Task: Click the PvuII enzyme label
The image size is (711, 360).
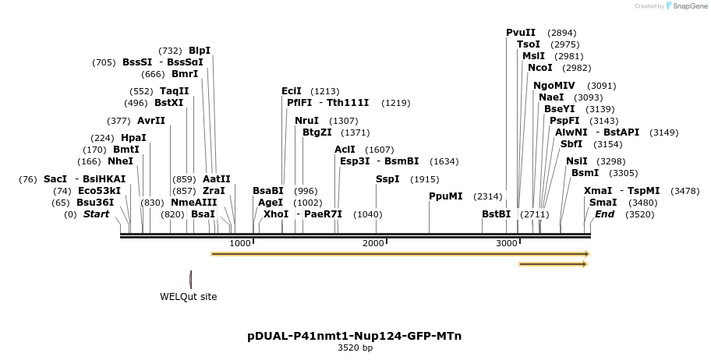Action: (x=521, y=33)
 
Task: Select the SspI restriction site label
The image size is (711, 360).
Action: (x=387, y=179)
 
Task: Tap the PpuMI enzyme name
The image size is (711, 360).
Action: (x=446, y=196)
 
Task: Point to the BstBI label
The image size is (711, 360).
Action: (x=496, y=214)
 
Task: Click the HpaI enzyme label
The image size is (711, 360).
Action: (x=133, y=138)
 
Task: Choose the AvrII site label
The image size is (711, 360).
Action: (x=151, y=121)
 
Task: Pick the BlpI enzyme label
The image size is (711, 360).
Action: (x=200, y=51)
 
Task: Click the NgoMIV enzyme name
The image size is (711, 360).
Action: (x=554, y=86)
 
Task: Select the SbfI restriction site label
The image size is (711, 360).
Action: (x=571, y=144)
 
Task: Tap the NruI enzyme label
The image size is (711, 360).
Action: (x=306, y=121)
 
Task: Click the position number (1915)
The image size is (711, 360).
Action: (x=425, y=179)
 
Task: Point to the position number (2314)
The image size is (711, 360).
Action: (x=487, y=196)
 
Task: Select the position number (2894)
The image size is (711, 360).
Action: (x=561, y=33)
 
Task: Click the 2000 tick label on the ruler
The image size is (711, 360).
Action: (x=374, y=244)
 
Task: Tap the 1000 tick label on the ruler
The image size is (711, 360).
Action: (x=240, y=244)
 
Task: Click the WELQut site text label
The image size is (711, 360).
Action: (x=189, y=297)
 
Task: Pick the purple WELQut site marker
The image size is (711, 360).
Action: (x=191, y=278)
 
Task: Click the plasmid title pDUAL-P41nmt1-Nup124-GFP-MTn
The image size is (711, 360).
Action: (x=355, y=336)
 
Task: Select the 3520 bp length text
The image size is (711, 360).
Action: (x=355, y=348)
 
